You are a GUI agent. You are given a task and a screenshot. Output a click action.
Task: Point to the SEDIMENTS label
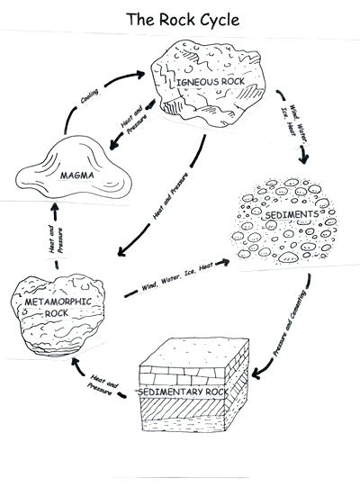[x=285, y=216]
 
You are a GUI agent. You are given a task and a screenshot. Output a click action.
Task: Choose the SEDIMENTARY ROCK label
[x=195, y=393]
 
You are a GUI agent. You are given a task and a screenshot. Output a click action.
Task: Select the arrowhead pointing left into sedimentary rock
[x=256, y=372]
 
